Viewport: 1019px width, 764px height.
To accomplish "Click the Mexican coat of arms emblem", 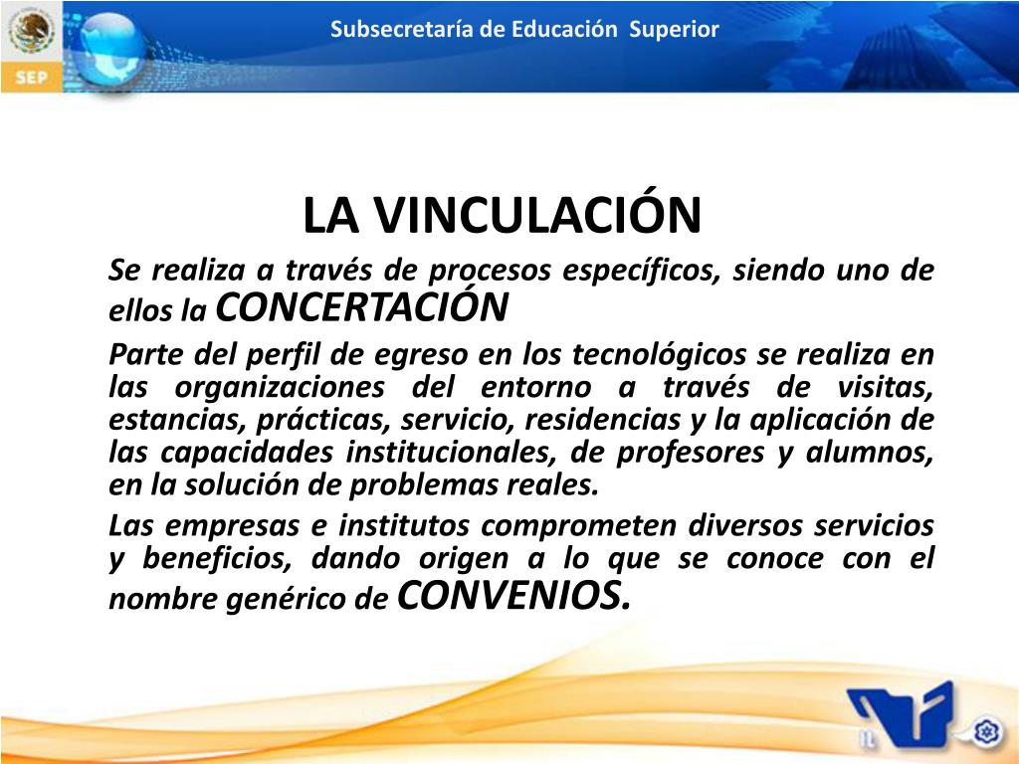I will coord(31,32).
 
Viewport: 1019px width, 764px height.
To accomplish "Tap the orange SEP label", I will coord(31,78).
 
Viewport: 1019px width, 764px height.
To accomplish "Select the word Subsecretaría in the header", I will coord(401,29).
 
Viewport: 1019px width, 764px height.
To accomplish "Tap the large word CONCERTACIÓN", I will coord(361,308).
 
